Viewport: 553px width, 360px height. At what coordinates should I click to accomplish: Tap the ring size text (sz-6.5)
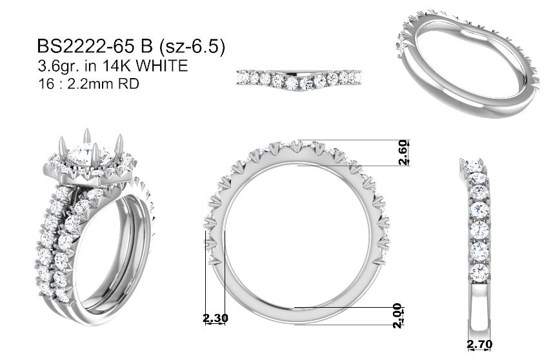pos(191,47)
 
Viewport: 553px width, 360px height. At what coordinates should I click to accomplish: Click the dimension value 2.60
pos(403,153)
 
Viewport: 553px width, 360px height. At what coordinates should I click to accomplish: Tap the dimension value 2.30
pos(216,318)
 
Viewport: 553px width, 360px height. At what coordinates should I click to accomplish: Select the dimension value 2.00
pos(397,315)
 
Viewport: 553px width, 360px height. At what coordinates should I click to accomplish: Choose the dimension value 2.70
pos(479,343)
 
